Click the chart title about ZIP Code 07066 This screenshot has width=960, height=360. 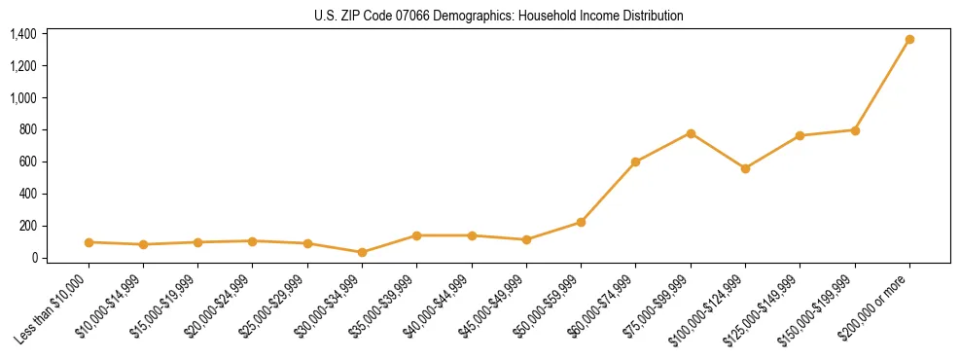click(x=498, y=16)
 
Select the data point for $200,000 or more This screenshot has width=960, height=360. click(x=909, y=40)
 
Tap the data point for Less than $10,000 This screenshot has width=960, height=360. click(x=89, y=242)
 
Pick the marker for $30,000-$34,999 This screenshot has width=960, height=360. click(x=362, y=252)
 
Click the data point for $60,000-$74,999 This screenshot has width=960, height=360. click(x=635, y=162)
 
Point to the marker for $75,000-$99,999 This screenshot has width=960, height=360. click(x=691, y=133)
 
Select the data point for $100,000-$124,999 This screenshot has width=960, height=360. click(x=745, y=168)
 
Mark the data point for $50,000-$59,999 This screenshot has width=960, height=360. click(x=581, y=222)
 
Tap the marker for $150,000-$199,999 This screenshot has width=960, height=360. click(x=855, y=129)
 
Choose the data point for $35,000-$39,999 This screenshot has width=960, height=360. click(x=416, y=235)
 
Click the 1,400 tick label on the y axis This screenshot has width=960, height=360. click(x=23, y=34)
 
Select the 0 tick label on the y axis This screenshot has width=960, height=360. click(x=33, y=258)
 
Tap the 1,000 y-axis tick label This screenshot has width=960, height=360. click(x=23, y=98)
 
